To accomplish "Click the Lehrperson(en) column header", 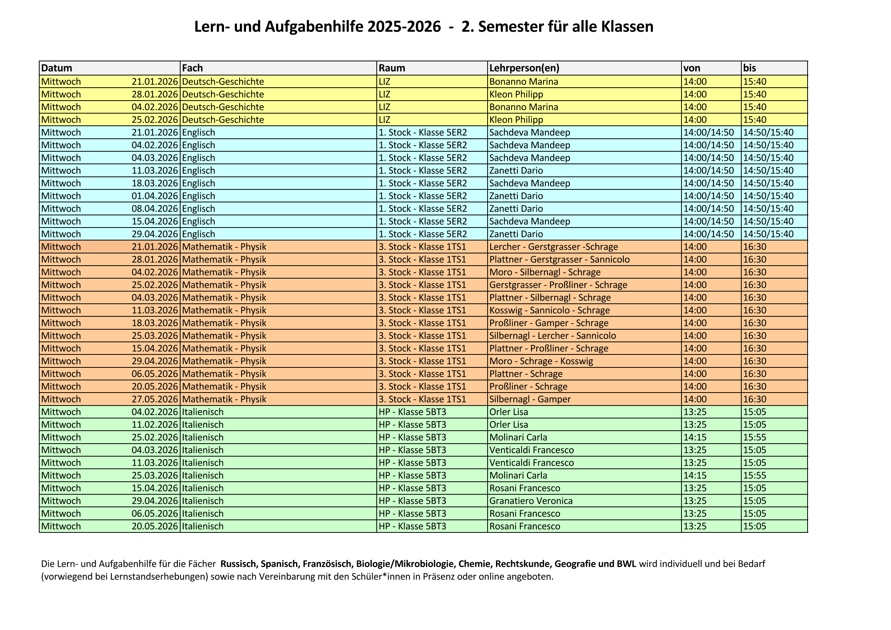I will (524, 68).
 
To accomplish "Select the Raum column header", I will (392, 68).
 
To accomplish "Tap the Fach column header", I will (192, 68).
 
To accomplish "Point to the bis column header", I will (749, 68).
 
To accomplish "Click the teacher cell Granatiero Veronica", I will (531, 501).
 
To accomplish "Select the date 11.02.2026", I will (154, 425).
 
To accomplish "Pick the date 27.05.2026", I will (154, 399).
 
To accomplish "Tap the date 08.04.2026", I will (154, 209).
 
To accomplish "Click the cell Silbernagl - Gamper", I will (530, 399).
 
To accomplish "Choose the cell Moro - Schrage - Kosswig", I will (541, 361).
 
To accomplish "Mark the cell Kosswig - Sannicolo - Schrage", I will (549, 311).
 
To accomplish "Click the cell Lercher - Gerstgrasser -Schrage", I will (553, 247).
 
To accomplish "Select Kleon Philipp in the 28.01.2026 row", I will (516, 94).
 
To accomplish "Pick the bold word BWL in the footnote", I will (626, 564).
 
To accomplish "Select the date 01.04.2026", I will (154, 196).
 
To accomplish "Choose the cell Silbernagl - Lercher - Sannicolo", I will (552, 336).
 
